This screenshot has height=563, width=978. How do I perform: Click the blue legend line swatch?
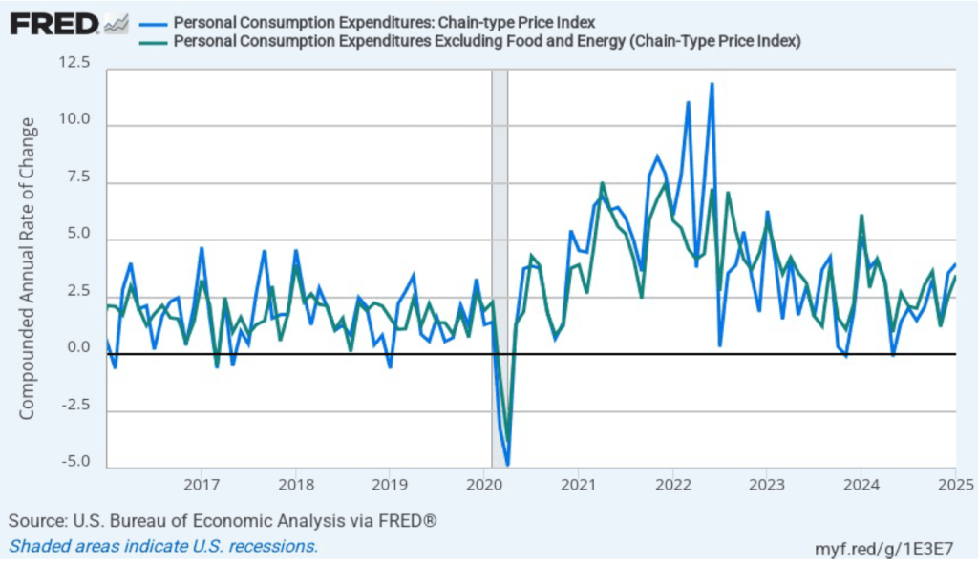coord(152,23)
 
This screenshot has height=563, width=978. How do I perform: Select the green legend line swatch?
coord(152,41)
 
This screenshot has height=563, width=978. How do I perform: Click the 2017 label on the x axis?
coord(201,483)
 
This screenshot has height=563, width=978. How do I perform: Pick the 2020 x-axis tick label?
coord(483,483)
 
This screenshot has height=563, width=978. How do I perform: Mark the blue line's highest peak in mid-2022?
coord(712,84)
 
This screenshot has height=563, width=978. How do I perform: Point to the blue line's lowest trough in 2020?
coord(507,464)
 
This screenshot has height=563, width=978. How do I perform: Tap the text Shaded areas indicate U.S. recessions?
coord(163,546)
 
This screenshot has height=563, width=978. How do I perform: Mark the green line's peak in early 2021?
coord(602,183)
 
